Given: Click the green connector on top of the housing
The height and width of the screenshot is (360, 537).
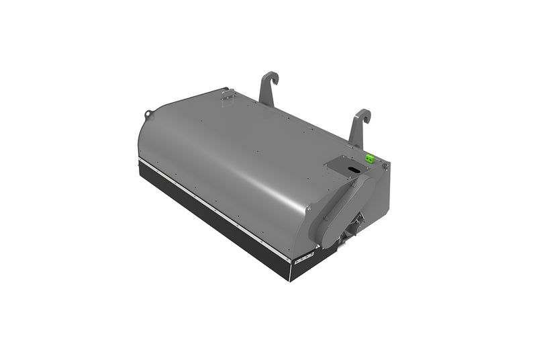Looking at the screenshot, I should (369, 159).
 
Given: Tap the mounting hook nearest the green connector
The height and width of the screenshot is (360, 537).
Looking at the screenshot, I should (358, 128).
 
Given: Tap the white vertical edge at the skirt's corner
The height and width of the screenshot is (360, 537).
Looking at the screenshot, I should (290, 270).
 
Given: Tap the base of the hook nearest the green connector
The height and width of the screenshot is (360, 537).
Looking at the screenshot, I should (355, 142).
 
